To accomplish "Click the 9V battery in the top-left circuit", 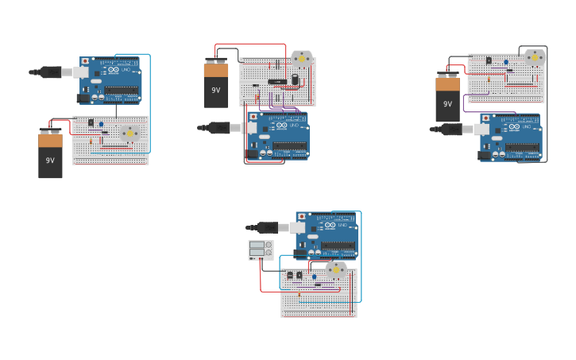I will [x=50, y=155].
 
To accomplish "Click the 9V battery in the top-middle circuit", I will [x=216, y=84].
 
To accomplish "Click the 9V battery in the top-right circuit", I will [x=447, y=99].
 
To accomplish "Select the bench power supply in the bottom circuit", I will [x=261, y=250].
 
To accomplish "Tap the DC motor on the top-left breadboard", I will [x=130, y=133].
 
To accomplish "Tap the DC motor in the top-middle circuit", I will [x=302, y=59].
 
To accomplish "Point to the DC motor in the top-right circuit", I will [x=535, y=57].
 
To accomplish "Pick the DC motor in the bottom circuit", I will [x=336, y=269].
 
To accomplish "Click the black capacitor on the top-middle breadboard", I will [x=295, y=79].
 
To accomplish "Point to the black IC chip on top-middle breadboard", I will [x=276, y=81].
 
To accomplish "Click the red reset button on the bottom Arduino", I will [x=301, y=216].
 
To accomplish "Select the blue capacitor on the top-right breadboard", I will [x=505, y=61].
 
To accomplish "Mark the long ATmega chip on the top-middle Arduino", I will [x=290, y=145].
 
